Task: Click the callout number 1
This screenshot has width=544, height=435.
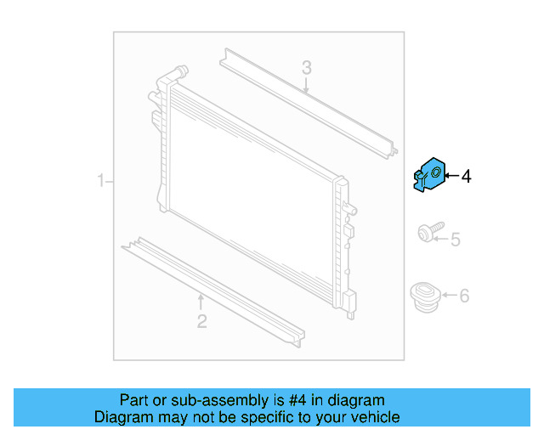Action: [x=100, y=181]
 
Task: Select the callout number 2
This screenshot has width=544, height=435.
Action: [x=201, y=320]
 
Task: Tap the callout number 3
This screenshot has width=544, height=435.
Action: [x=307, y=67]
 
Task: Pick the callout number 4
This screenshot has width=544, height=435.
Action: [x=466, y=177]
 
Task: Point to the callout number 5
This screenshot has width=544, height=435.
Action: [x=455, y=240]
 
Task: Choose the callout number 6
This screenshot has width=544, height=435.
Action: [x=464, y=297]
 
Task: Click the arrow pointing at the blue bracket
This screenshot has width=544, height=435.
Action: [x=450, y=176]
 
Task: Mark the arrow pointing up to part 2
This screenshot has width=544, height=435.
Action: [x=201, y=302]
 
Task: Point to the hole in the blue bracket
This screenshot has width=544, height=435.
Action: [x=436, y=173]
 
